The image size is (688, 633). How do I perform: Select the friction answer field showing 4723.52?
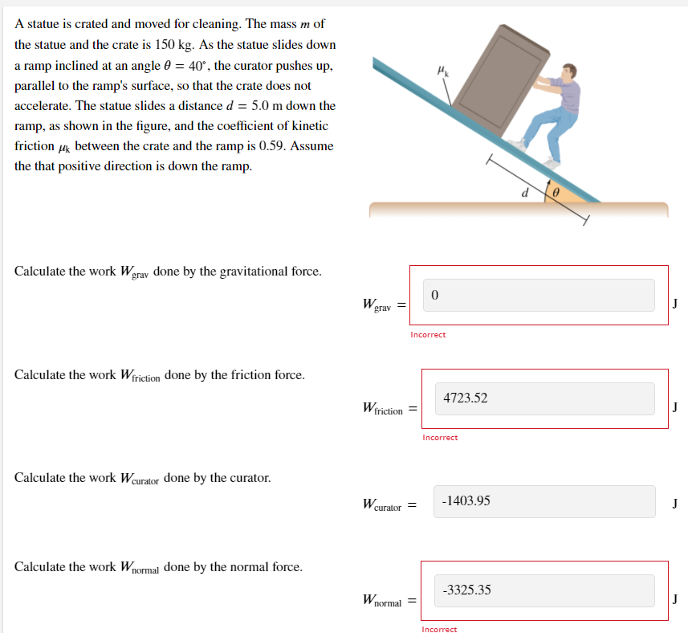[x=544, y=398]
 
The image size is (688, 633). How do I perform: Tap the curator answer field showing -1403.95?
[x=544, y=501]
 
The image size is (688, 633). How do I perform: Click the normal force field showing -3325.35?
[x=544, y=590]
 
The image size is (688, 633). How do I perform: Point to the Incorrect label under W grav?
[x=428, y=334]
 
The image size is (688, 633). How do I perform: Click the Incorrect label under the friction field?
[x=440, y=438]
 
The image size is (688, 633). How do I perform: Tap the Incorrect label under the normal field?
[x=439, y=629]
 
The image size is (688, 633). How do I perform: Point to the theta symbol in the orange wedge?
[x=555, y=194]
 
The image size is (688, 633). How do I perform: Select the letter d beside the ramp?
[x=525, y=192]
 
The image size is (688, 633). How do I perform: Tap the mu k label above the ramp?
[x=442, y=71]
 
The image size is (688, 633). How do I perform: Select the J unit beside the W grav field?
[x=675, y=304]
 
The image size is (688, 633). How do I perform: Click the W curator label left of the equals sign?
[x=382, y=505]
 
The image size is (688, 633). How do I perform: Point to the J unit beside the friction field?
[x=675, y=407]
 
